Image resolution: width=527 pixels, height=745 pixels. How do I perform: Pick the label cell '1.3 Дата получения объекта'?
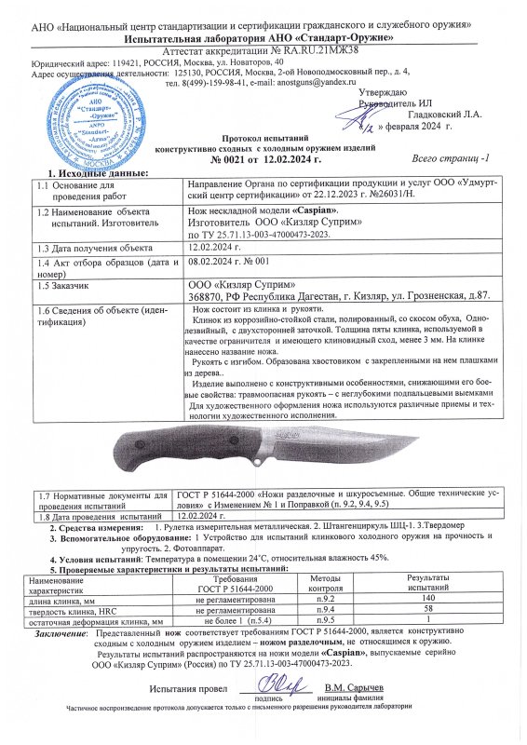(x=92, y=249)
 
